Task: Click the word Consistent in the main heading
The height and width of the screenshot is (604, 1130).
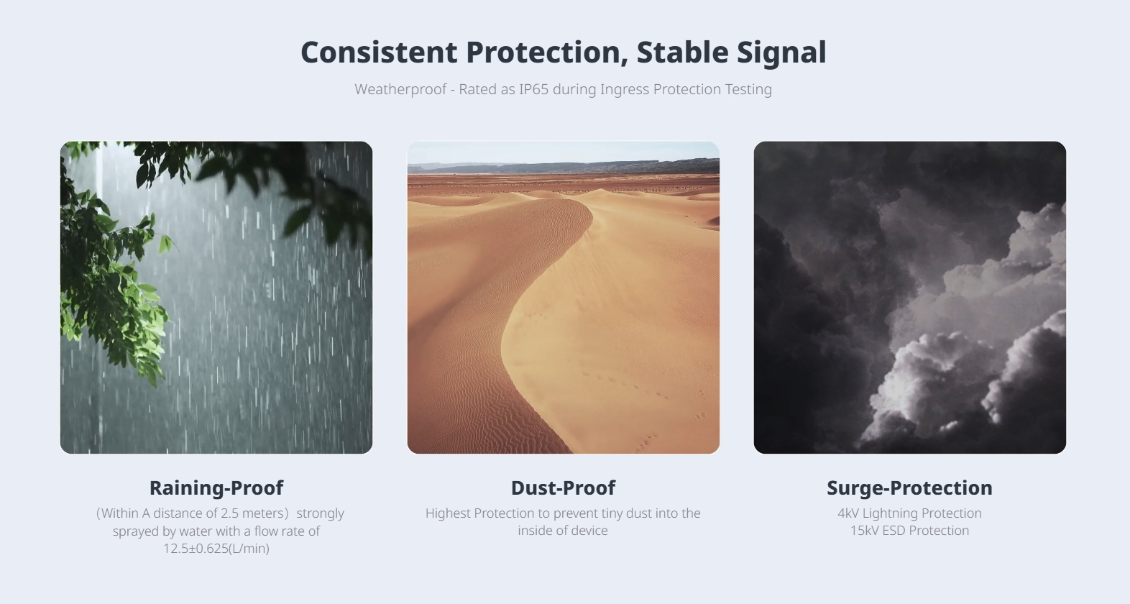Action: [379, 52]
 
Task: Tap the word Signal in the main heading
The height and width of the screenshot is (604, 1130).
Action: [781, 53]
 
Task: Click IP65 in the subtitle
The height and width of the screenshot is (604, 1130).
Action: [533, 89]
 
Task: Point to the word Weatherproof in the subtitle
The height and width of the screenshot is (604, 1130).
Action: [400, 90]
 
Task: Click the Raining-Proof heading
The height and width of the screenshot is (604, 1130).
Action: [216, 488]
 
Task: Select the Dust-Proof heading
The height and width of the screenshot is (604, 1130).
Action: [563, 488]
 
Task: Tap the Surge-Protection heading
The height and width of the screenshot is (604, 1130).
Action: [909, 488]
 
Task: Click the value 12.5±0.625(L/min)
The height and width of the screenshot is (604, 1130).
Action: [216, 549]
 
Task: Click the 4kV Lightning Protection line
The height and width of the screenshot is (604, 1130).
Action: [909, 513]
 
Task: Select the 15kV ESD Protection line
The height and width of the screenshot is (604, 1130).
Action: [909, 531]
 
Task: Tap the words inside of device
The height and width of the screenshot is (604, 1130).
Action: [563, 531]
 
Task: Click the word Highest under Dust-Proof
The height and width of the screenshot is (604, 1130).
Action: [447, 513]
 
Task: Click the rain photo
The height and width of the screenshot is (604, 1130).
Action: [216, 297]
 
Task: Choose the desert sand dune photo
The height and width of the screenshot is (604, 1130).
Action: [564, 297]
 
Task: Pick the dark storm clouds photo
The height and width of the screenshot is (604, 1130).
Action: [910, 297]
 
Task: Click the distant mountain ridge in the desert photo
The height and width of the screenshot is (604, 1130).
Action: [564, 166]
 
